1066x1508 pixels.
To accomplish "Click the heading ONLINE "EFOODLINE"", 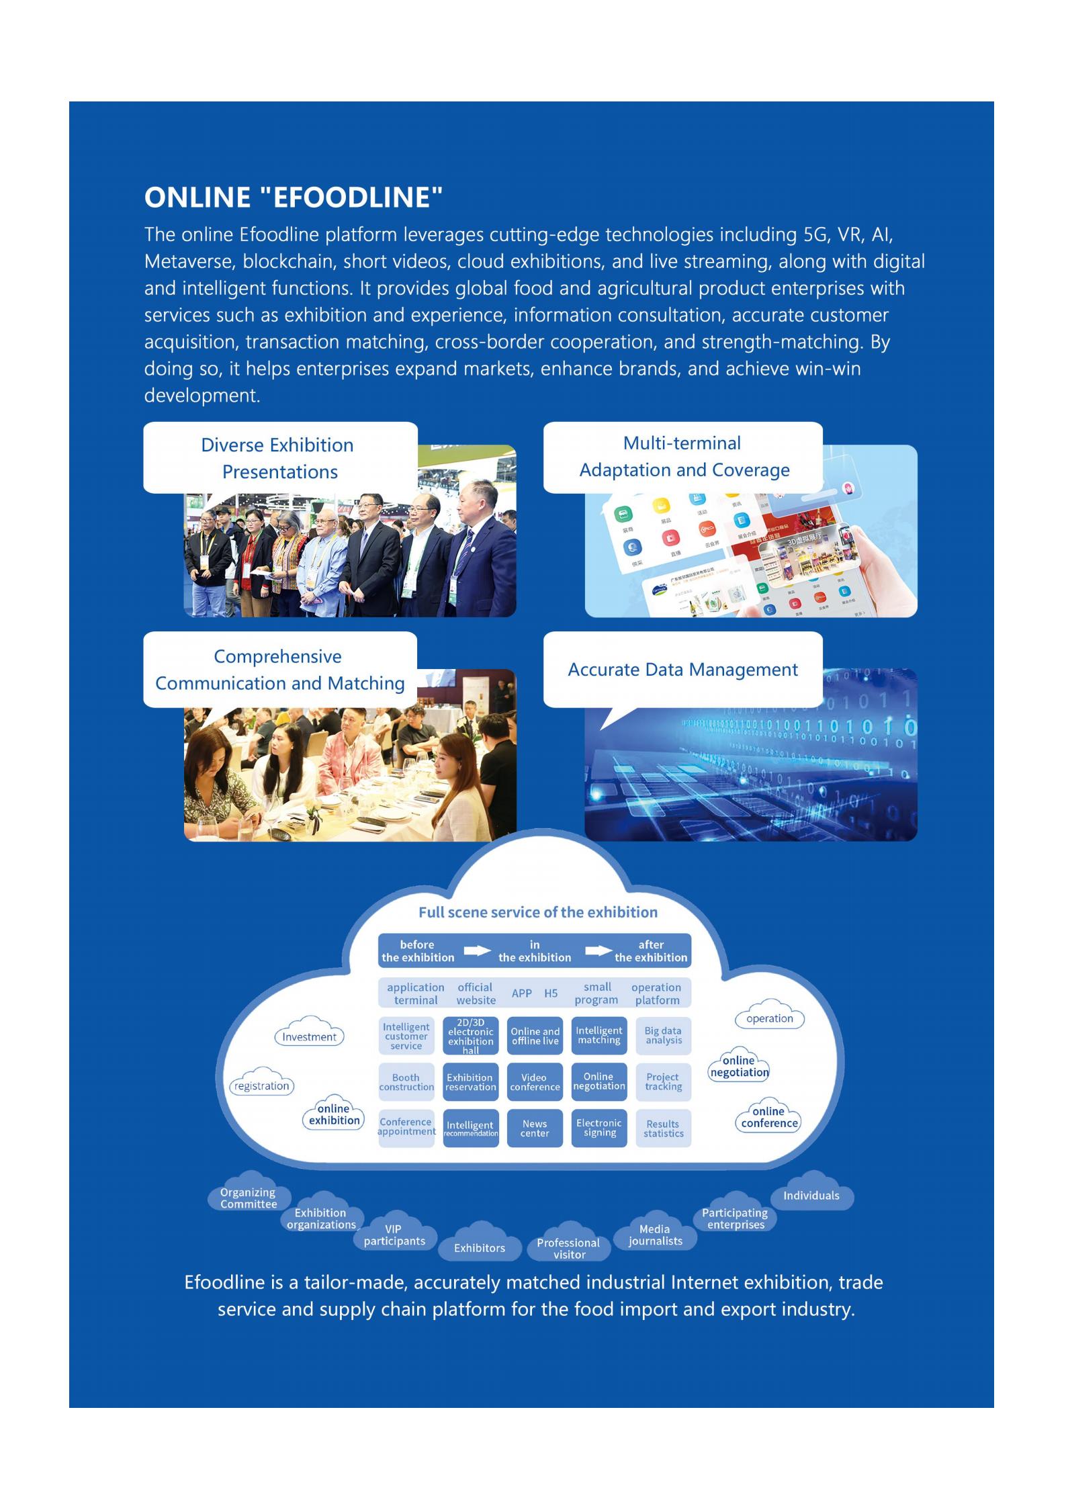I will tap(294, 197).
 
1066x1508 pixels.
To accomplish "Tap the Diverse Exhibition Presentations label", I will tap(279, 458).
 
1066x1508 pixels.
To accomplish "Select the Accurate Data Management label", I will tap(682, 670).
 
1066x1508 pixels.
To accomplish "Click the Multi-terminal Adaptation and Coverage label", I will tap(683, 457).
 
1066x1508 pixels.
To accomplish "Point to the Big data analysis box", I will tap(663, 1036).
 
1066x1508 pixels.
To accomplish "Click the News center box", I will tap(535, 1128).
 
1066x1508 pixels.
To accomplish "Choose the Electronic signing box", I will tap(599, 1128).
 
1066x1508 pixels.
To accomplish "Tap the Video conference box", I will tap(535, 1082).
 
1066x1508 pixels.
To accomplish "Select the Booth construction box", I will tap(406, 1082).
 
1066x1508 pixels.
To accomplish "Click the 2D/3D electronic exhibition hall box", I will tap(471, 1036).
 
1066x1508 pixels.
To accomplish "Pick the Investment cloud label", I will tap(309, 1036).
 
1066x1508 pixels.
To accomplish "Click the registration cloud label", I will tap(261, 1085).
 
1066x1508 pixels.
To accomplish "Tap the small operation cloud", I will tap(770, 1018).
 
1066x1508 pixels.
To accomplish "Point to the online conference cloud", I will tap(769, 1117).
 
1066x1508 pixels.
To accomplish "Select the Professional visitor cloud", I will tap(568, 1248).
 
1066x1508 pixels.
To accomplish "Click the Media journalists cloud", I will tap(655, 1235).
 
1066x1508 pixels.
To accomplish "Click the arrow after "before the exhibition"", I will tap(477, 950).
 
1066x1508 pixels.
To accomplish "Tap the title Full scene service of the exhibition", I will tap(537, 912).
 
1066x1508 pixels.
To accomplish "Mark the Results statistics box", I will tap(663, 1128).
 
